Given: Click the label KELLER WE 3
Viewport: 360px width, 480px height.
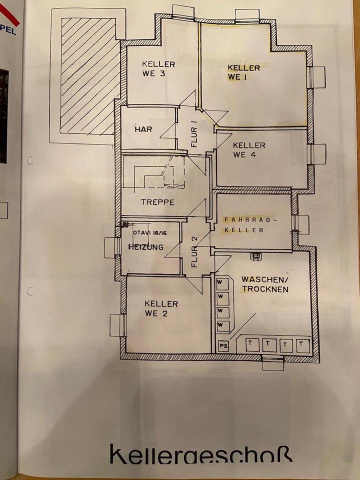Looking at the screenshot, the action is (158, 69).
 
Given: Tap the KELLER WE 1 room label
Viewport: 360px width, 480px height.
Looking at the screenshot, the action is (243, 72).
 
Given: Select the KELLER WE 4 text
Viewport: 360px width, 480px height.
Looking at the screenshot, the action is (249, 149).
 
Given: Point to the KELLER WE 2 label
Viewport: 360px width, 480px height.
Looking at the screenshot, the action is (161, 308).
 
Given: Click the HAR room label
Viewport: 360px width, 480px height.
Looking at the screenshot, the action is (142, 129).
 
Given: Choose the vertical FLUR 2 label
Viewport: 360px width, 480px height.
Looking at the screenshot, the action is (194, 246).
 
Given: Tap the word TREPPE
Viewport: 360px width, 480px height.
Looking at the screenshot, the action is (157, 202).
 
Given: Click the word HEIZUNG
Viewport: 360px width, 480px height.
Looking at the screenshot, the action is (145, 247).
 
